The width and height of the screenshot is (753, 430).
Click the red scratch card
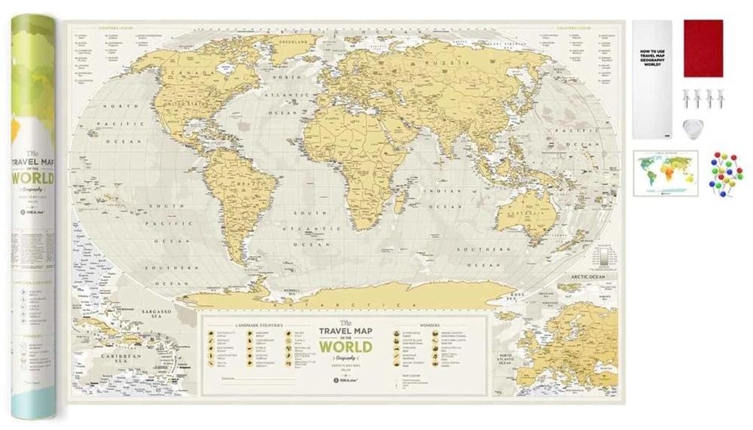pos(703,47)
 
